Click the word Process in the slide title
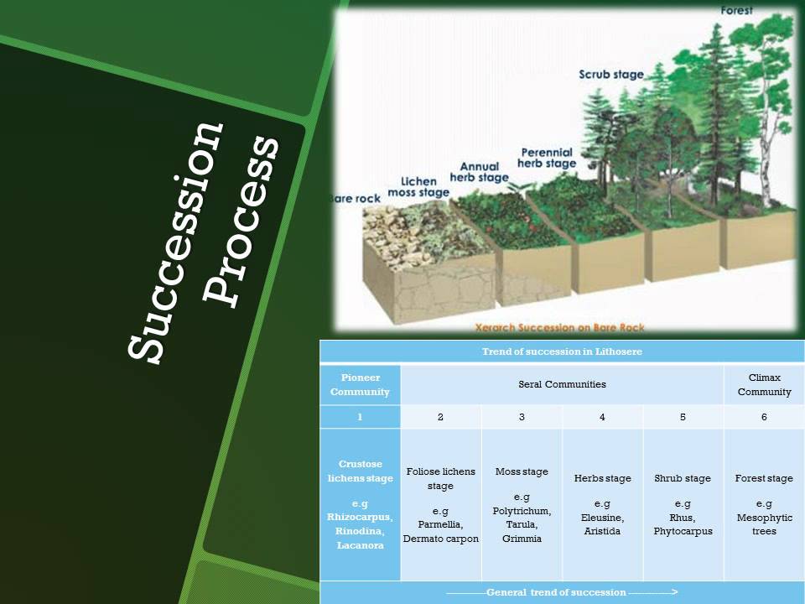(243, 220)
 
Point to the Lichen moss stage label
(424, 187)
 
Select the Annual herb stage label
(480, 173)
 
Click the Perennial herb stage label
(547, 158)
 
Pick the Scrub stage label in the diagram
(611, 75)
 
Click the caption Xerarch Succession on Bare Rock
(558, 328)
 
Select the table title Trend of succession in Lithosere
(562, 351)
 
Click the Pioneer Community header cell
(360, 385)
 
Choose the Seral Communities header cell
(562, 385)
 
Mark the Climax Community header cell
(764, 385)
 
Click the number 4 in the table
(602, 417)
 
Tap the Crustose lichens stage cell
(360, 504)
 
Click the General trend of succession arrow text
(562, 593)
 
